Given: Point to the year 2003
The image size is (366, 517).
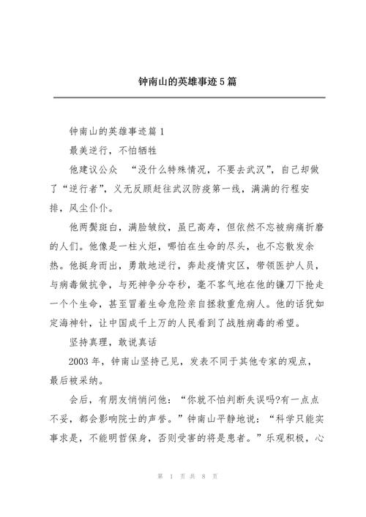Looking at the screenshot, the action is click(81, 362).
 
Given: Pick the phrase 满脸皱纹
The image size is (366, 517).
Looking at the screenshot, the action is click(159, 227).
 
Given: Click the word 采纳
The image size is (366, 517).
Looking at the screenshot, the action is click(96, 382).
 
